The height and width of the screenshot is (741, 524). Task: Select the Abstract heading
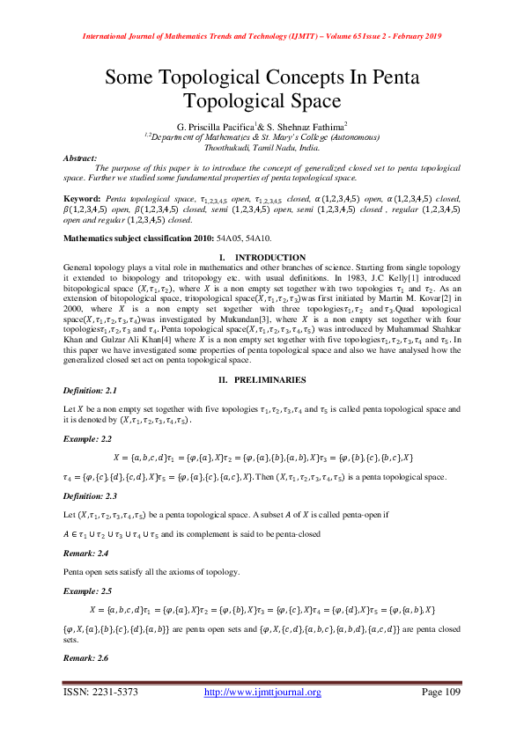click(80, 158)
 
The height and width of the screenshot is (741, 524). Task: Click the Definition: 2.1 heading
click(91, 390)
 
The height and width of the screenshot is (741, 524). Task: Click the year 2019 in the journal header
click(428, 36)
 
